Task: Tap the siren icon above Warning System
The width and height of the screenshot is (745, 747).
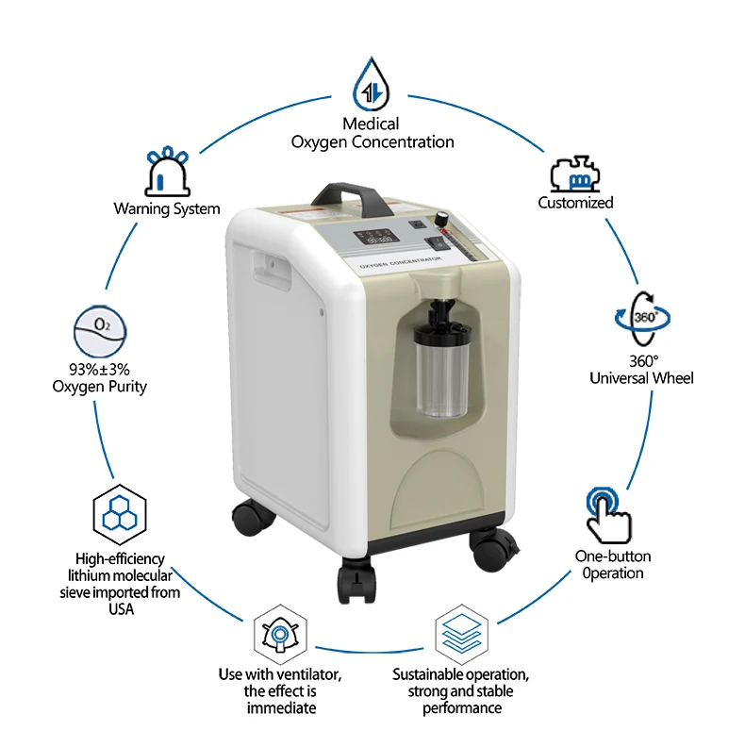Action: tap(167, 171)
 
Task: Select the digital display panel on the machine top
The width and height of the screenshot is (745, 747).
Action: tap(372, 238)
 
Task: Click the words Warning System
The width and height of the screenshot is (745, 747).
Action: tap(167, 208)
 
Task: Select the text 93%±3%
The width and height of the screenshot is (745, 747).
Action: tap(100, 370)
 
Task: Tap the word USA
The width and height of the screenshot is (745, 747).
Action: tap(120, 609)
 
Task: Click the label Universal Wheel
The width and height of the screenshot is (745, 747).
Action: tap(641, 378)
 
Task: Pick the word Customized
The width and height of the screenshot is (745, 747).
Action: tap(575, 203)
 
